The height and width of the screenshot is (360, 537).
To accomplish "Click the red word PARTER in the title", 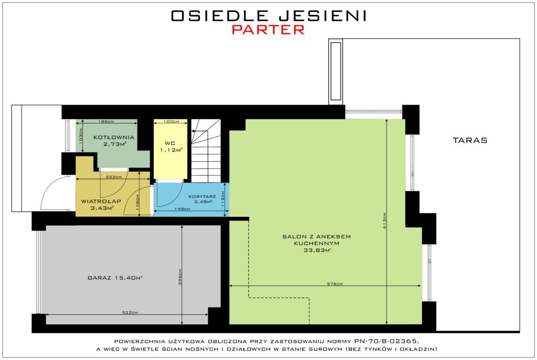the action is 268,29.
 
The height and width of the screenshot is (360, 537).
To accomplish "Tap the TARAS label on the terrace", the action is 470,140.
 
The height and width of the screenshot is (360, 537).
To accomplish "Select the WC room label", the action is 170,143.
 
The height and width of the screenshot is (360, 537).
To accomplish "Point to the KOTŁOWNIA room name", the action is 114,137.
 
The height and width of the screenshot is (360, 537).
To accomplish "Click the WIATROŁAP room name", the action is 101,202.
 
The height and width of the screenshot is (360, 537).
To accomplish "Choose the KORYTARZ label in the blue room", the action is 202,197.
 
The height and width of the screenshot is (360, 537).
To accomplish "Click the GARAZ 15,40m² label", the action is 115,278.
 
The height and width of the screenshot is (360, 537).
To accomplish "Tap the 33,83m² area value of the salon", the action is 317,250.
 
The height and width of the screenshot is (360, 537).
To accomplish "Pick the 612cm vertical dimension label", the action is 384,221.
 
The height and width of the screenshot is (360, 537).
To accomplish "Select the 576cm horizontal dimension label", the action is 335,283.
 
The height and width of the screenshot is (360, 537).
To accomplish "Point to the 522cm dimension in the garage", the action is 130,312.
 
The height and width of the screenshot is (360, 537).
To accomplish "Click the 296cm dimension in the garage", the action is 180,277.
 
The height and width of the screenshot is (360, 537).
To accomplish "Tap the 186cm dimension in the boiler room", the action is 106,121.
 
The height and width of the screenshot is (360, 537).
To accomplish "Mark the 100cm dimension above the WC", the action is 171,121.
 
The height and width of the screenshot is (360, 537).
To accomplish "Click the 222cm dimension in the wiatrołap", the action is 114,177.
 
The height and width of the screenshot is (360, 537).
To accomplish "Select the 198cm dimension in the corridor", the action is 182,209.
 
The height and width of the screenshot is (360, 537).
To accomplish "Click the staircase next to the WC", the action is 206,151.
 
